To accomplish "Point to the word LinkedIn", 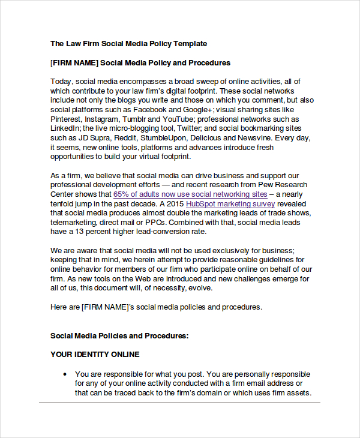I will coord(65,128).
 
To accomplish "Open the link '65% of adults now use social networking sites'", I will coord(190,194).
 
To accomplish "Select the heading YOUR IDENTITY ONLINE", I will coord(95,354).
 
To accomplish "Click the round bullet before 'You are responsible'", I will coord(65,374).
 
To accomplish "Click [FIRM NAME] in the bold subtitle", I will coord(74,62).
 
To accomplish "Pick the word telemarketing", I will coord(74,222).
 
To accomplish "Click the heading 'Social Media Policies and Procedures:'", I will coord(119,335).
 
